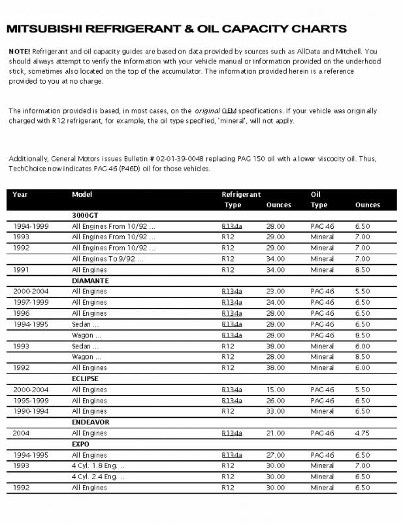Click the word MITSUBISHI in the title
(44, 29)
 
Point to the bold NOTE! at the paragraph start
(20, 50)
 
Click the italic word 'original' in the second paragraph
(206, 110)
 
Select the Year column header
(20, 194)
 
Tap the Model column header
(82, 194)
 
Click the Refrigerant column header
(241, 194)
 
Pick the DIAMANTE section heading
(89, 280)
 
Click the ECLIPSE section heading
(86, 378)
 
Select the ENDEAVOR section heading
(91, 422)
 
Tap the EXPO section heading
(80, 443)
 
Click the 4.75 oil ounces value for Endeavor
(362, 433)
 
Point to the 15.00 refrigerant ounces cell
(276, 389)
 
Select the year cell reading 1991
(22, 269)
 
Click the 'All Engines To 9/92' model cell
(107, 258)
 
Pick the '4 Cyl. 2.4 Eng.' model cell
(98, 477)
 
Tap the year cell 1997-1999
(30, 302)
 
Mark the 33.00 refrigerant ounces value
(276, 411)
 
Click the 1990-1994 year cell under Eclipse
(30, 411)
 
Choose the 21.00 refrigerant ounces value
(276, 433)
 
